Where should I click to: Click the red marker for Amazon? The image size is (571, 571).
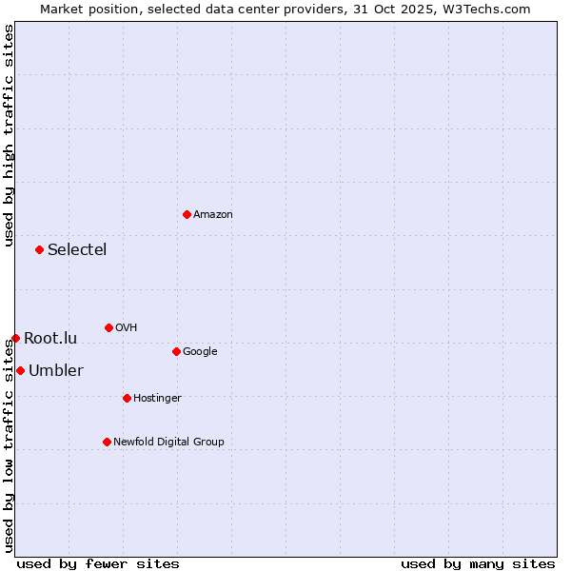click(187, 214)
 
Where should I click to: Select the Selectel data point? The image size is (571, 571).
click(39, 249)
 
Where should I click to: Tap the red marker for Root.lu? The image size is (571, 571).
click(15, 338)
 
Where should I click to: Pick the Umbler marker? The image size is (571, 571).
click(20, 370)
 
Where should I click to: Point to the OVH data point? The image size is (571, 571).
click(108, 327)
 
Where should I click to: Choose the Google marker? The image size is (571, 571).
click(176, 351)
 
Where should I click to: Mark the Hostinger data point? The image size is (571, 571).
click(127, 398)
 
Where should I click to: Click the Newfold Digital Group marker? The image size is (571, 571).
click(107, 442)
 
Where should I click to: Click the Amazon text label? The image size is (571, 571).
click(213, 215)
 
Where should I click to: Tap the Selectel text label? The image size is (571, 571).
click(77, 250)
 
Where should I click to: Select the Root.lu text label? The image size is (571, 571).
click(50, 339)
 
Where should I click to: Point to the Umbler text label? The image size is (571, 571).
click(56, 371)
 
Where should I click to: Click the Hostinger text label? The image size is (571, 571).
click(157, 399)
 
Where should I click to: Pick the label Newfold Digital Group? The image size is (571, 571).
click(168, 443)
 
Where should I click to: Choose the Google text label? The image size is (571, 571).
click(200, 352)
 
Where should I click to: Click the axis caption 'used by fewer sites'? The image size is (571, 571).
click(98, 563)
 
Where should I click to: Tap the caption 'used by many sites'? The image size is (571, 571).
click(478, 563)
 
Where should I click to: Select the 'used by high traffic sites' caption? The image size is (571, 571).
click(9, 135)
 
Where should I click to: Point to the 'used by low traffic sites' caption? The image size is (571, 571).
click(9, 447)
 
